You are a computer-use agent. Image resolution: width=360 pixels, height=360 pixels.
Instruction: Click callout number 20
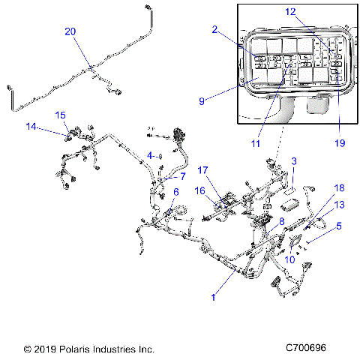(70, 31)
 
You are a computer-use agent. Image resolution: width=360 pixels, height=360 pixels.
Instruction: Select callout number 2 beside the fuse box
(214, 30)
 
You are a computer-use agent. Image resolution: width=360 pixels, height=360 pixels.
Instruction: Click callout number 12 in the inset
(291, 11)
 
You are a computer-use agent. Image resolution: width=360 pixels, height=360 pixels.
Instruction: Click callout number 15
(61, 115)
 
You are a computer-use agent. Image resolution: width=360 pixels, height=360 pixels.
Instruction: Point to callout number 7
(181, 176)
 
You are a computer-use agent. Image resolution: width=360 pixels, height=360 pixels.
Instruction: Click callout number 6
(175, 193)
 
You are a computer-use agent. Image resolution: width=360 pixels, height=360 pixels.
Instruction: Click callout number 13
(339, 205)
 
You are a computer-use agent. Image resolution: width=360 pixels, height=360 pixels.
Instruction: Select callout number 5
(339, 225)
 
